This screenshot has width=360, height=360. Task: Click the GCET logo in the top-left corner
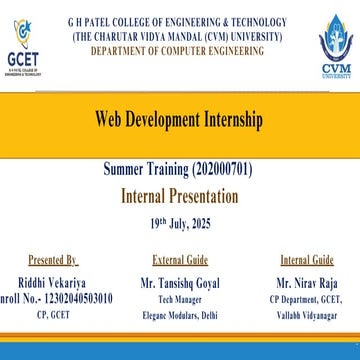[x=22, y=46]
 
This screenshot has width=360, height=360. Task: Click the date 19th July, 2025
[x=180, y=219]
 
